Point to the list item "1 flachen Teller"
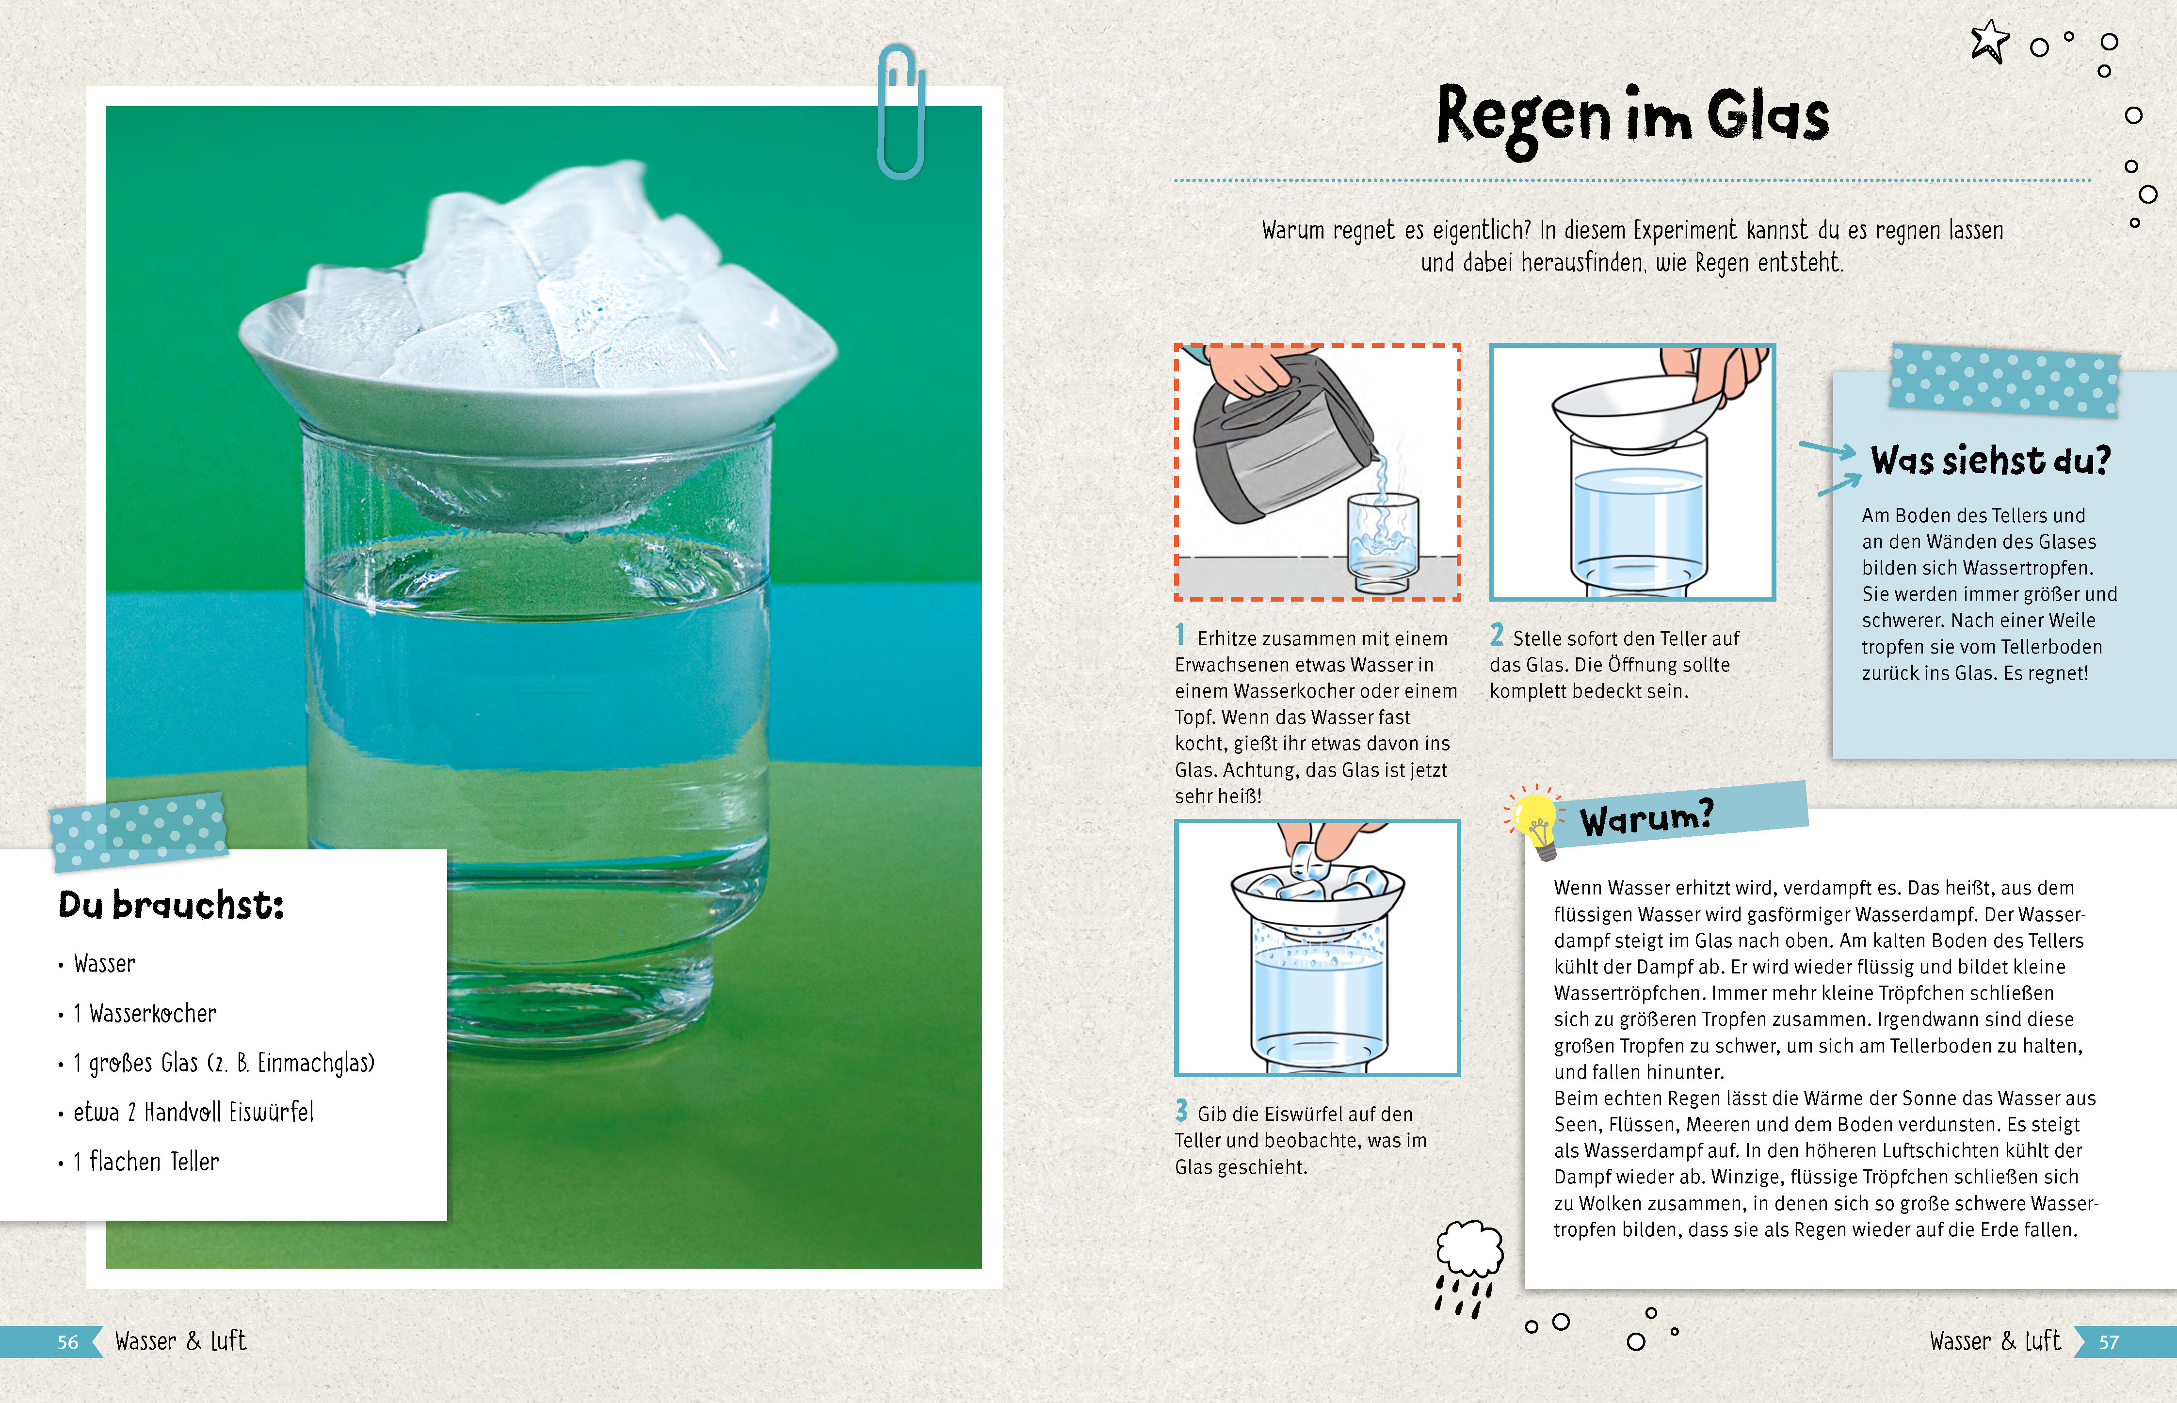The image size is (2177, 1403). (x=146, y=1162)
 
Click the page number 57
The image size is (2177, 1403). (x=2109, y=1342)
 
